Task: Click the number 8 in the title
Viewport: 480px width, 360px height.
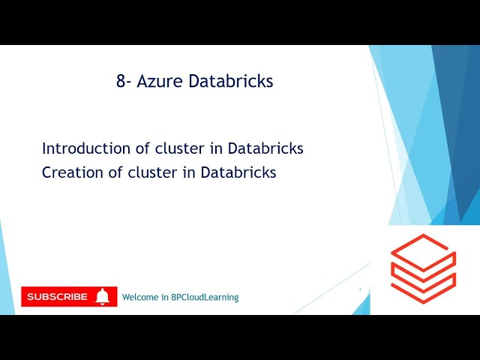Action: point(121,82)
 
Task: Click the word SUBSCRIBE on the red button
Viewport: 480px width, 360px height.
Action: point(57,297)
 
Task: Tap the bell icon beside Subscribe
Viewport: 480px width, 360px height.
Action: point(103,297)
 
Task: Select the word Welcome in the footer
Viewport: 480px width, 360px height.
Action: point(141,297)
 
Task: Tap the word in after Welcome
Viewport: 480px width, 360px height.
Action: point(166,297)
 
